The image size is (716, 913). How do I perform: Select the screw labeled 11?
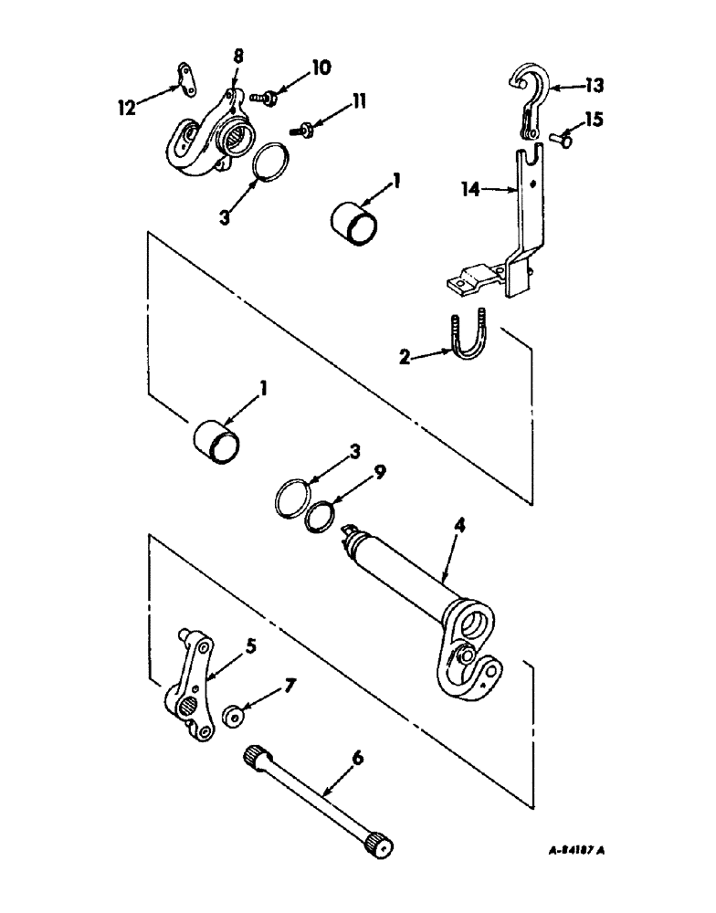[305, 131]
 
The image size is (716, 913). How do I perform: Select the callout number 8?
[237, 57]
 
